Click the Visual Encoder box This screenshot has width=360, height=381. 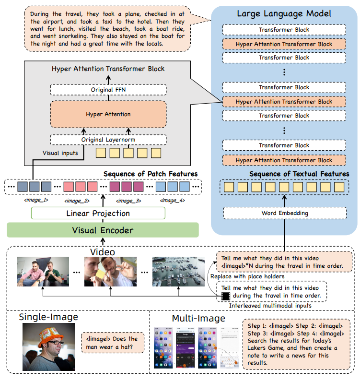pyautogui.click(x=102, y=230)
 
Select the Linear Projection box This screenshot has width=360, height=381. pyautogui.click(x=98, y=213)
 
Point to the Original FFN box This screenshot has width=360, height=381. pyautogui.click(x=108, y=90)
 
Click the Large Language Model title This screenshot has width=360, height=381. pyautogui.click(x=284, y=13)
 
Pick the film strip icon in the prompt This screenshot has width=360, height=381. pyautogui.click(x=225, y=295)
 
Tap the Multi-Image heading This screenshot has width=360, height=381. pyautogui.click(x=198, y=318)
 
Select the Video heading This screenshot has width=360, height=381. pyautogui.click(x=103, y=252)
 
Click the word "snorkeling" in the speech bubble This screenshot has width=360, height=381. pyautogui.click(x=78, y=36)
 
